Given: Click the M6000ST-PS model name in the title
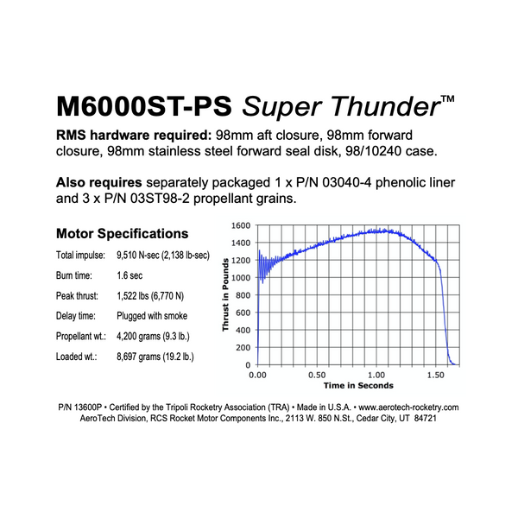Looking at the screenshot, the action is pyautogui.click(x=144, y=106).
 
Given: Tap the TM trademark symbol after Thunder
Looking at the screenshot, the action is pyautogui.click(x=447, y=99).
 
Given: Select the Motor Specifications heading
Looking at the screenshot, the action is pyautogui.click(x=123, y=234).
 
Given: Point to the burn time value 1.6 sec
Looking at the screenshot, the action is pyautogui.click(x=129, y=275).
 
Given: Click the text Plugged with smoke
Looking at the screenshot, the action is pyautogui.click(x=152, y=316).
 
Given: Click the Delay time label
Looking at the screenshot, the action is pyautogui.click(x=76, y=316).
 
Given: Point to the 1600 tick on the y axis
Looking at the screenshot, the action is pyautogui.click(x=241, y=225).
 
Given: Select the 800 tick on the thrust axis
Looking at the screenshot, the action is pyautogui.click(x=243, y=295).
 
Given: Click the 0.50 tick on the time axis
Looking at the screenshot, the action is pyautogui.click(x=317, y=376).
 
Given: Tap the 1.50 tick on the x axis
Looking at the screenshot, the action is pyautogui.click(x=436, y=376).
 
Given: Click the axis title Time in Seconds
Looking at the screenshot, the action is pyautogui.click(x=358, y=386).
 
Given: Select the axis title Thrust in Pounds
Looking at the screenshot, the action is pyautogui.click(x=225, y=294).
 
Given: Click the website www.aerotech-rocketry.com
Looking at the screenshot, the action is pyautogui.click(x=408, y=407).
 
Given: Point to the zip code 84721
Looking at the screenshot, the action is pyautogui.click(x=426, y=418).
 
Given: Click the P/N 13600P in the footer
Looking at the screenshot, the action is pyautogui.click(x=80, y=407).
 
